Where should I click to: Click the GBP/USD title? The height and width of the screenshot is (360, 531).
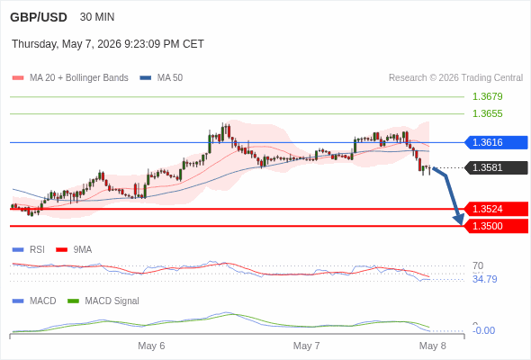tap(39, 17)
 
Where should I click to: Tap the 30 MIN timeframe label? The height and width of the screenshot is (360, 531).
tap(97, 17)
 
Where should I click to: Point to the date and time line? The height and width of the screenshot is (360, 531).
tap(108, 44)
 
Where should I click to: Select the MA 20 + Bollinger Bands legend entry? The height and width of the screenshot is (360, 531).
tap(70, 78)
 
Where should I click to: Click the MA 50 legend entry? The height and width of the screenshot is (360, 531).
tap(161, 78)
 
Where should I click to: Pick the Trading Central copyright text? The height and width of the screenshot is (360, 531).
tap(455, 78)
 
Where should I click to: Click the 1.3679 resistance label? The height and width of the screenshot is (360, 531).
tap(487, 96)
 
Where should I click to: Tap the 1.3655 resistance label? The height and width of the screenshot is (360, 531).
tap(487, 113)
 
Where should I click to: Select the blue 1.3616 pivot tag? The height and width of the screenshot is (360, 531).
tap(496, 142)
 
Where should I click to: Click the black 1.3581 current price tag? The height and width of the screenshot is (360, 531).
tap(496, 167)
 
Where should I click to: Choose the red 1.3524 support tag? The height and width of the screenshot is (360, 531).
tap(496, 209)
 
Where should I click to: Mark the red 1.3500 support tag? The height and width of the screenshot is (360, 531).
tap(496, 226)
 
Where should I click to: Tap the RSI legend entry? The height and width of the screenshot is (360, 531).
tap(29, 249)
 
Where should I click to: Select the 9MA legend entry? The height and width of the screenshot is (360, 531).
tap(74, 249)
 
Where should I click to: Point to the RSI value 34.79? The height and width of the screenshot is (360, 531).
tap(484, 279)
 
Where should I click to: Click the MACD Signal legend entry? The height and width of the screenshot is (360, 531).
tap(103, 301)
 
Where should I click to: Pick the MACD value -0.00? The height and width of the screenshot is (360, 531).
tap(483, 330)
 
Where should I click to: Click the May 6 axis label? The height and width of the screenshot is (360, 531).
tap(151, 346)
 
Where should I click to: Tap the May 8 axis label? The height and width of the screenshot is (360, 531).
tap(433, 346)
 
